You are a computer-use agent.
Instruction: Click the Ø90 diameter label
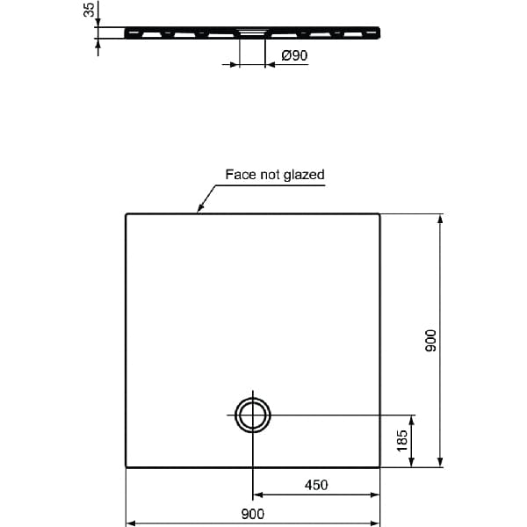[293, 56]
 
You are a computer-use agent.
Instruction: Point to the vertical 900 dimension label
[430, 341]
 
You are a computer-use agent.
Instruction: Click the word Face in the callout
[240, 175]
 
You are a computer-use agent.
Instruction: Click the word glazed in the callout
[304, 175]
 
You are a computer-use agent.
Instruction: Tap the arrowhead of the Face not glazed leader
[199, 210]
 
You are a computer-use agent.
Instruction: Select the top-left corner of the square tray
[126, 214]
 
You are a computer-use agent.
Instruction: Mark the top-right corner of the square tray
[379, 214]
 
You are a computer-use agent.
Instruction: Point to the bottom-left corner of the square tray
[126, 466]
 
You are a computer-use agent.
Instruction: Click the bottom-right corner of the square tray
[379, 466]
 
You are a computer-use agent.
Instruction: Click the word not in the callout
[269, 175]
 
